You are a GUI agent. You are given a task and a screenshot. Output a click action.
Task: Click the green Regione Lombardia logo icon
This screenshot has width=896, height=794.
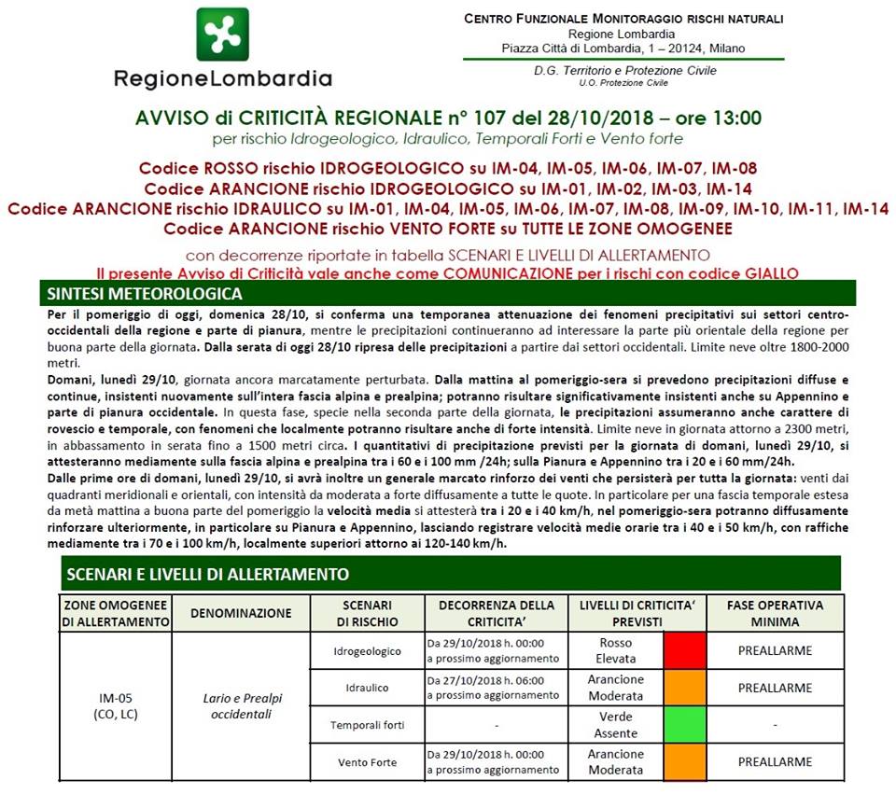click(222, 35)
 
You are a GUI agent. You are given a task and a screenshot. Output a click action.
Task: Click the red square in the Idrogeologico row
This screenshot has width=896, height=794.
click(684, 650)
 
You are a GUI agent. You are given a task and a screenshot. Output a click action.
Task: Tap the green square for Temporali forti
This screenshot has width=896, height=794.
click(684, 725)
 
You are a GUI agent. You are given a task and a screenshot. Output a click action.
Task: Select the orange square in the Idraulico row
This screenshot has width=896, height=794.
click(684, 688)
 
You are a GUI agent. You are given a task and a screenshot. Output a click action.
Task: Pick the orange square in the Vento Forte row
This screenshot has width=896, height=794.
click(684, 762)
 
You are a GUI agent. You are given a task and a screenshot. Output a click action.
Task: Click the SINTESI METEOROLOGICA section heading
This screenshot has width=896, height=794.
click(144, 294)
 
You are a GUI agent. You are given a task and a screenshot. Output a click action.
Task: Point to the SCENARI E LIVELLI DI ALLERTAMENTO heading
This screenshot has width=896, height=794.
click(205, 574)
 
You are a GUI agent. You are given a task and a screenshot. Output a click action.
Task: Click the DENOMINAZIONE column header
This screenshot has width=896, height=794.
click(240, 613)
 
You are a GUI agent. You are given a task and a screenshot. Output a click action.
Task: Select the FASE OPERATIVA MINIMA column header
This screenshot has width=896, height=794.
click(775, 613)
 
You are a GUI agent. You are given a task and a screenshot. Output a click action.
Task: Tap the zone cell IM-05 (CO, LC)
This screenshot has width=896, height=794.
click(116, 706)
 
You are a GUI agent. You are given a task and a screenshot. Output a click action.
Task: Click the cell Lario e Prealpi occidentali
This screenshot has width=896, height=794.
click(240, 706)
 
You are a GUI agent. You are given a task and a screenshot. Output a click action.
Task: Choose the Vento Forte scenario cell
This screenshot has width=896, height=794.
click(367, 762)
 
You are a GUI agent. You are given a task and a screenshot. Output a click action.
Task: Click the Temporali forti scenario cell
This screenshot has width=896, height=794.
click(367, 725)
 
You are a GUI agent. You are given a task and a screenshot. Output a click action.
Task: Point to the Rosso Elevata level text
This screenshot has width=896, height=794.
click(615, 650)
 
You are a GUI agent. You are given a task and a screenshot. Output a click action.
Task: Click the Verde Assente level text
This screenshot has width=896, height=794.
click(615, 725)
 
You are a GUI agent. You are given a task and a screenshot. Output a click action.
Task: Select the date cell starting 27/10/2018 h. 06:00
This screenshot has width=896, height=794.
click(495, 688)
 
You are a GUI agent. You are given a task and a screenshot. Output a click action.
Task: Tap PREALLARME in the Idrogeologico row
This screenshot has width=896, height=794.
click(775, 650)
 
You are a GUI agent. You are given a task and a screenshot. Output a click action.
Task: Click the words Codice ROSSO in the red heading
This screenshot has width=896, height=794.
click(197, 169)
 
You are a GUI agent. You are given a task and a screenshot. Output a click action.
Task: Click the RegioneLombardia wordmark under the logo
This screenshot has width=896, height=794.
click(222, 78)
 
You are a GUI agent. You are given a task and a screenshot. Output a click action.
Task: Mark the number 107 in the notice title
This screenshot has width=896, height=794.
click(474, 118)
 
